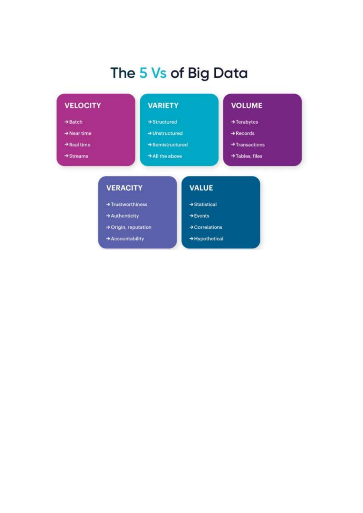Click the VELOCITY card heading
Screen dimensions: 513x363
[x=82, y=106]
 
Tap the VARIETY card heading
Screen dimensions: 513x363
[x=163, y=106]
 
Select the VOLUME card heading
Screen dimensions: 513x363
[x=246, y=106]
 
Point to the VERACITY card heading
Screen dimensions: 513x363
[x=124, y=188]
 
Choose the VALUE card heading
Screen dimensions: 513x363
[x=201, y=188]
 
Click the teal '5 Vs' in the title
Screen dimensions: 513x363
[x=153, y=73]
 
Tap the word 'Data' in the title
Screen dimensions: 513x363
[x=230, y=73]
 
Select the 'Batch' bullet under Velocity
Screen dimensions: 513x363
[x=76, y=122]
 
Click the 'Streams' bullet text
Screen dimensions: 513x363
[x=79, y=156]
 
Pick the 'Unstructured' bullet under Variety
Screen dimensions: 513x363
[x=167, y=133]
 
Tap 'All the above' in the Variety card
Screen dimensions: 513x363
[x=167, y=156]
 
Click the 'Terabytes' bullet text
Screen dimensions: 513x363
[x=247, y=122]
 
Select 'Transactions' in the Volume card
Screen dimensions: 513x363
[x=250, y=145]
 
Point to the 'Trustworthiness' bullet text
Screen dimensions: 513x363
[x=129, y=204]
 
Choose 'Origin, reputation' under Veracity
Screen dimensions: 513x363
[x=131, y=227]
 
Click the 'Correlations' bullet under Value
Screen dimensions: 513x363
[x=208, y=227]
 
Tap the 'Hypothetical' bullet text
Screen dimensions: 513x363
[x=209, y=239]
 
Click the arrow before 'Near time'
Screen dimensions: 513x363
[x=66, y=133]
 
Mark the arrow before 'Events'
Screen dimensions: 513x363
[x=191, y=216]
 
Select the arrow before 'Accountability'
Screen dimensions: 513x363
[x=108, y=239]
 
